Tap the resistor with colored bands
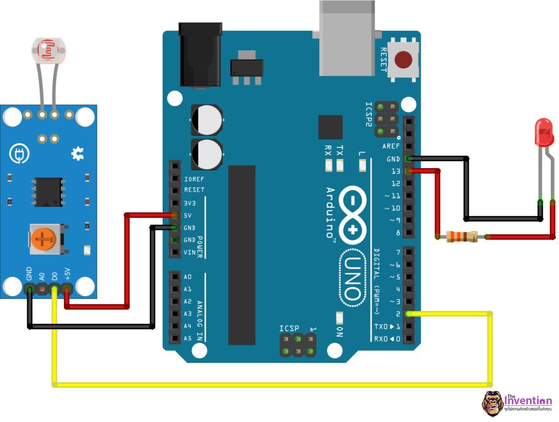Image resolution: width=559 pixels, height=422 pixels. (x=462, y=236)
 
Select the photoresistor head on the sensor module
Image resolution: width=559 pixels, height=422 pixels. (x=50, y=50)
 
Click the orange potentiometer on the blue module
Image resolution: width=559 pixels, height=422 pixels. (x=42, y=238)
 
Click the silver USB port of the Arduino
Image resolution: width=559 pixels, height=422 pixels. (x=347, y=38)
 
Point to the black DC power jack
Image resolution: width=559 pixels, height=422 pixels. (x=200, y=55)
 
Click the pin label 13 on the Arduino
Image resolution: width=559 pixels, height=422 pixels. (x=395, y=171)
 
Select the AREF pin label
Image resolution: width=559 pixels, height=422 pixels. (x=391, y=146)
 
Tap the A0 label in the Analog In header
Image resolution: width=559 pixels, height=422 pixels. (x=188, y=277)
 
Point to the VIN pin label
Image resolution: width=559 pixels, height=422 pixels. (x=189, y=252)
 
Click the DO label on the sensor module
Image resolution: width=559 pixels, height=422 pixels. (x=55, y=274)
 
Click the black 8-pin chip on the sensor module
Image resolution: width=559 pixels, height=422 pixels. (x=49, y=191)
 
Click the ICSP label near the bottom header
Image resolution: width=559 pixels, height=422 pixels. (x=289, y=328)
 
